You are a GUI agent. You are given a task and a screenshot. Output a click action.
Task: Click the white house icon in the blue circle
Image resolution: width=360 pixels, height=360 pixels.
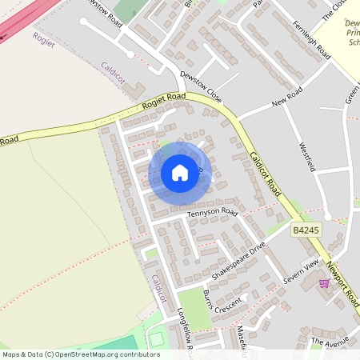point(180,172)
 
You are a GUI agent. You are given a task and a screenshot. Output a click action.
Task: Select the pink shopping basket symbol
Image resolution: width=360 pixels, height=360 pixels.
point(324,282)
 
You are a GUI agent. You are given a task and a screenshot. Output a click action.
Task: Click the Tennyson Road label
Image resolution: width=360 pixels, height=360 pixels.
point(213,214)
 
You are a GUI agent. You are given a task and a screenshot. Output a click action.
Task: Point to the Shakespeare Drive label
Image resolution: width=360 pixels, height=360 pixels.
point(238,262)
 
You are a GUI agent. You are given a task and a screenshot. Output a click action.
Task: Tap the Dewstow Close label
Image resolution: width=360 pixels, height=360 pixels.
point(200,86)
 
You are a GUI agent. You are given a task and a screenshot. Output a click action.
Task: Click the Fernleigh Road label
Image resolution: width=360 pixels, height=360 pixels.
point(312,40)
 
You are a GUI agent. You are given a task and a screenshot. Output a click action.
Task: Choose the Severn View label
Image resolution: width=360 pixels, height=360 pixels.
point(301,272)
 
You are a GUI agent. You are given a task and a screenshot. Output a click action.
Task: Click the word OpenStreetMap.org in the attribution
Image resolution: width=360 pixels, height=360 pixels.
point(102,354)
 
